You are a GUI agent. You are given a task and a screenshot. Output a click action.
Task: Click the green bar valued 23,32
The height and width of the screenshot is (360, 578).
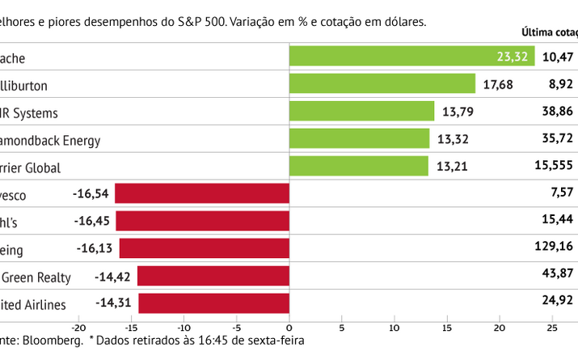click(x=411, y=56)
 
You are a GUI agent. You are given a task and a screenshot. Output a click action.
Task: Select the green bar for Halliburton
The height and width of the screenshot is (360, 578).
click(x=382, y=83)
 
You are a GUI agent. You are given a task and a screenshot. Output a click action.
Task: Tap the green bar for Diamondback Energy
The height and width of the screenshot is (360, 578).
click(x=359, y=138)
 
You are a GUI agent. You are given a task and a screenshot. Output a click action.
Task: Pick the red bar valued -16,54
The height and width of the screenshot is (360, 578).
click(x=202, y=193)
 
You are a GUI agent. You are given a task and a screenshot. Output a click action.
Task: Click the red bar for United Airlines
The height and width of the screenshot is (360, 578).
click(x=213, y=303)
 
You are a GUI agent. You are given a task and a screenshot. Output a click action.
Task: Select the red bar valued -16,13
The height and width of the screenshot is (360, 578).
click(x=204, y=248)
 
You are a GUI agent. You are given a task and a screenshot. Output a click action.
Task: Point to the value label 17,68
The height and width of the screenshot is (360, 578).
click(x=497, y=84)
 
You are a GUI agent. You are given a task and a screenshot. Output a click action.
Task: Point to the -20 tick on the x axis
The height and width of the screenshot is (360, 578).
click(x=78, y=328)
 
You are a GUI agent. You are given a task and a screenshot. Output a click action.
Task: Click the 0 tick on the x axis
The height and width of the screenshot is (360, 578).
click(x=289, y=328)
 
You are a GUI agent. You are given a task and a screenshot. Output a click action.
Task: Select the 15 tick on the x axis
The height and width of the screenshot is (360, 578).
click(x=447, y=328)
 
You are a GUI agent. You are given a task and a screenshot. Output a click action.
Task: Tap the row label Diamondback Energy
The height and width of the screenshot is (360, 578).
click(x=50, y=140)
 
